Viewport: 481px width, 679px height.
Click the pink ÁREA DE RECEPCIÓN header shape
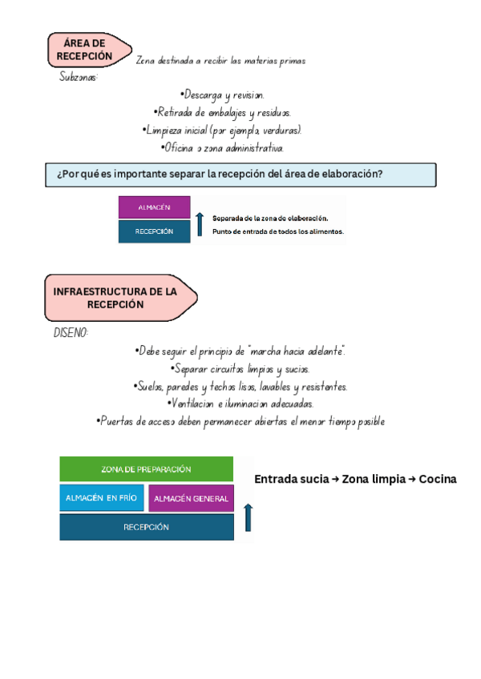[x=89, y=50]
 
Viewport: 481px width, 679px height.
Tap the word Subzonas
[x=79, y=78]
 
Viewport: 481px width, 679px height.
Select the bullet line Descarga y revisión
[x=222, y=95]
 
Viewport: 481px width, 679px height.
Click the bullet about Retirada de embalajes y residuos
[x=222, y=113]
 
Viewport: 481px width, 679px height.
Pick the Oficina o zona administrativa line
[x=222, y=148]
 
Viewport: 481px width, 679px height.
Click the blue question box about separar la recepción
[x=240, y=175]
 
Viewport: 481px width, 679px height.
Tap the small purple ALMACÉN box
[x=154, y=207]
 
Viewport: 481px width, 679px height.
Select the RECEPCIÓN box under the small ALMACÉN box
[x=154, y=231]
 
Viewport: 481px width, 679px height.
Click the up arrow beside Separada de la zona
[x=200, y=223]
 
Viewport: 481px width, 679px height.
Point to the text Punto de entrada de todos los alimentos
[x=277, y=232]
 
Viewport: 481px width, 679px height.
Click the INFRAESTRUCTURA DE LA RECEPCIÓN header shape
[x=120, y=299]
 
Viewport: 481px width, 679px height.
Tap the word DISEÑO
[x=71, y=333]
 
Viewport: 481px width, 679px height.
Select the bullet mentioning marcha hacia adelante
[x=241, y=352]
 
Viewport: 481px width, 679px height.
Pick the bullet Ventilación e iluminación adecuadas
[x=241, y=404]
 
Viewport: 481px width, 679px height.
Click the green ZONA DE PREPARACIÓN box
[x=146, y=469]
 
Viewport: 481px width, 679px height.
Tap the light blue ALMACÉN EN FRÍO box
[x=101, y=498]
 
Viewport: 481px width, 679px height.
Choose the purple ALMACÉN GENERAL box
[x=191, y=499]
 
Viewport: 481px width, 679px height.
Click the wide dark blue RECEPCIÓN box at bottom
[x=146, y=528]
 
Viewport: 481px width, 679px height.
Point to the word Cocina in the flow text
[x=437, y=480]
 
